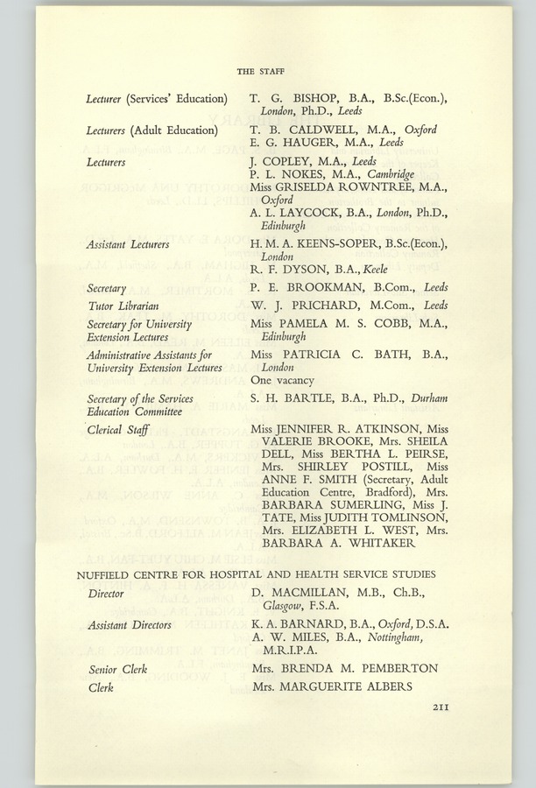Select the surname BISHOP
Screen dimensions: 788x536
tap(302, 98)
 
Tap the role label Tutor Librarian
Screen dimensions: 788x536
tap(123, 306)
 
